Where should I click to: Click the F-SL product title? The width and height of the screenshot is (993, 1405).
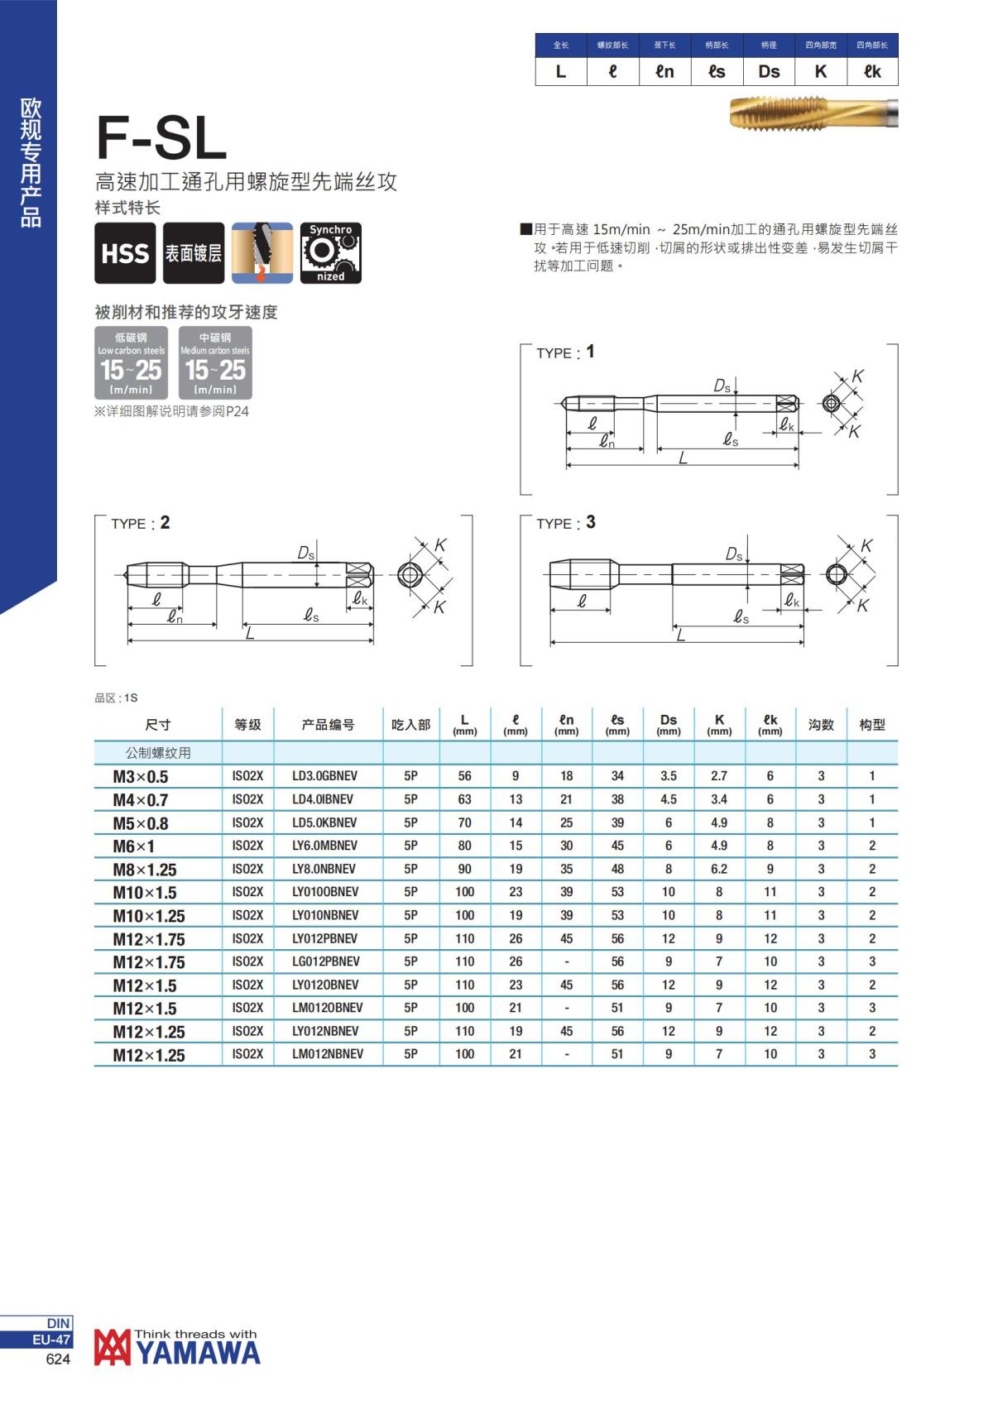point(161,137)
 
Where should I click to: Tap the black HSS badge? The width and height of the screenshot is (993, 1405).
point(125,253)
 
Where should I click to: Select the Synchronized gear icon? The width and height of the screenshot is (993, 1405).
point(330,253)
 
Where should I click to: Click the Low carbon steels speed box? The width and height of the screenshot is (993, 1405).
point(131,363)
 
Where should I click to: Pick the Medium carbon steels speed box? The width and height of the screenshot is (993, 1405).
point(215,363)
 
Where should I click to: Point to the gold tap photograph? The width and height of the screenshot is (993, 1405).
point(813,113)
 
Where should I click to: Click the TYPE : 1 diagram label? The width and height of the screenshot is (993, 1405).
point(565,352)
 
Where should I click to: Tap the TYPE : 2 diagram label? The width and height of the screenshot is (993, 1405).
point(140,523)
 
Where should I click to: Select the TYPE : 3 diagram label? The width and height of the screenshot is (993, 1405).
point(565,523)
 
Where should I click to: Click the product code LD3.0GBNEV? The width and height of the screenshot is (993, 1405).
point(325,776)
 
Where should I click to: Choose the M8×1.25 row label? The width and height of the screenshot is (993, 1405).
point(145,870)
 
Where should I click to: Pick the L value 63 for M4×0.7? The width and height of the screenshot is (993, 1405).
point(465,799)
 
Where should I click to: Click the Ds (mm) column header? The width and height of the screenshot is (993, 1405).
point(669,724)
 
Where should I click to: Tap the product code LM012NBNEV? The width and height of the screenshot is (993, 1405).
point(328,1054)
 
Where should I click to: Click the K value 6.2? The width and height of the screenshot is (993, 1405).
point(719,869)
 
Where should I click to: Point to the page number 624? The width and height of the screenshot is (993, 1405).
point(58,1359)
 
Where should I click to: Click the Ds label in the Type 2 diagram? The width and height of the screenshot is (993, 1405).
point(306,554)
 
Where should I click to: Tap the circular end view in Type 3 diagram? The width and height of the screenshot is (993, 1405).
point(837,574)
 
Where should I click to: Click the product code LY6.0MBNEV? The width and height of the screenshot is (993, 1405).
point(325,846)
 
